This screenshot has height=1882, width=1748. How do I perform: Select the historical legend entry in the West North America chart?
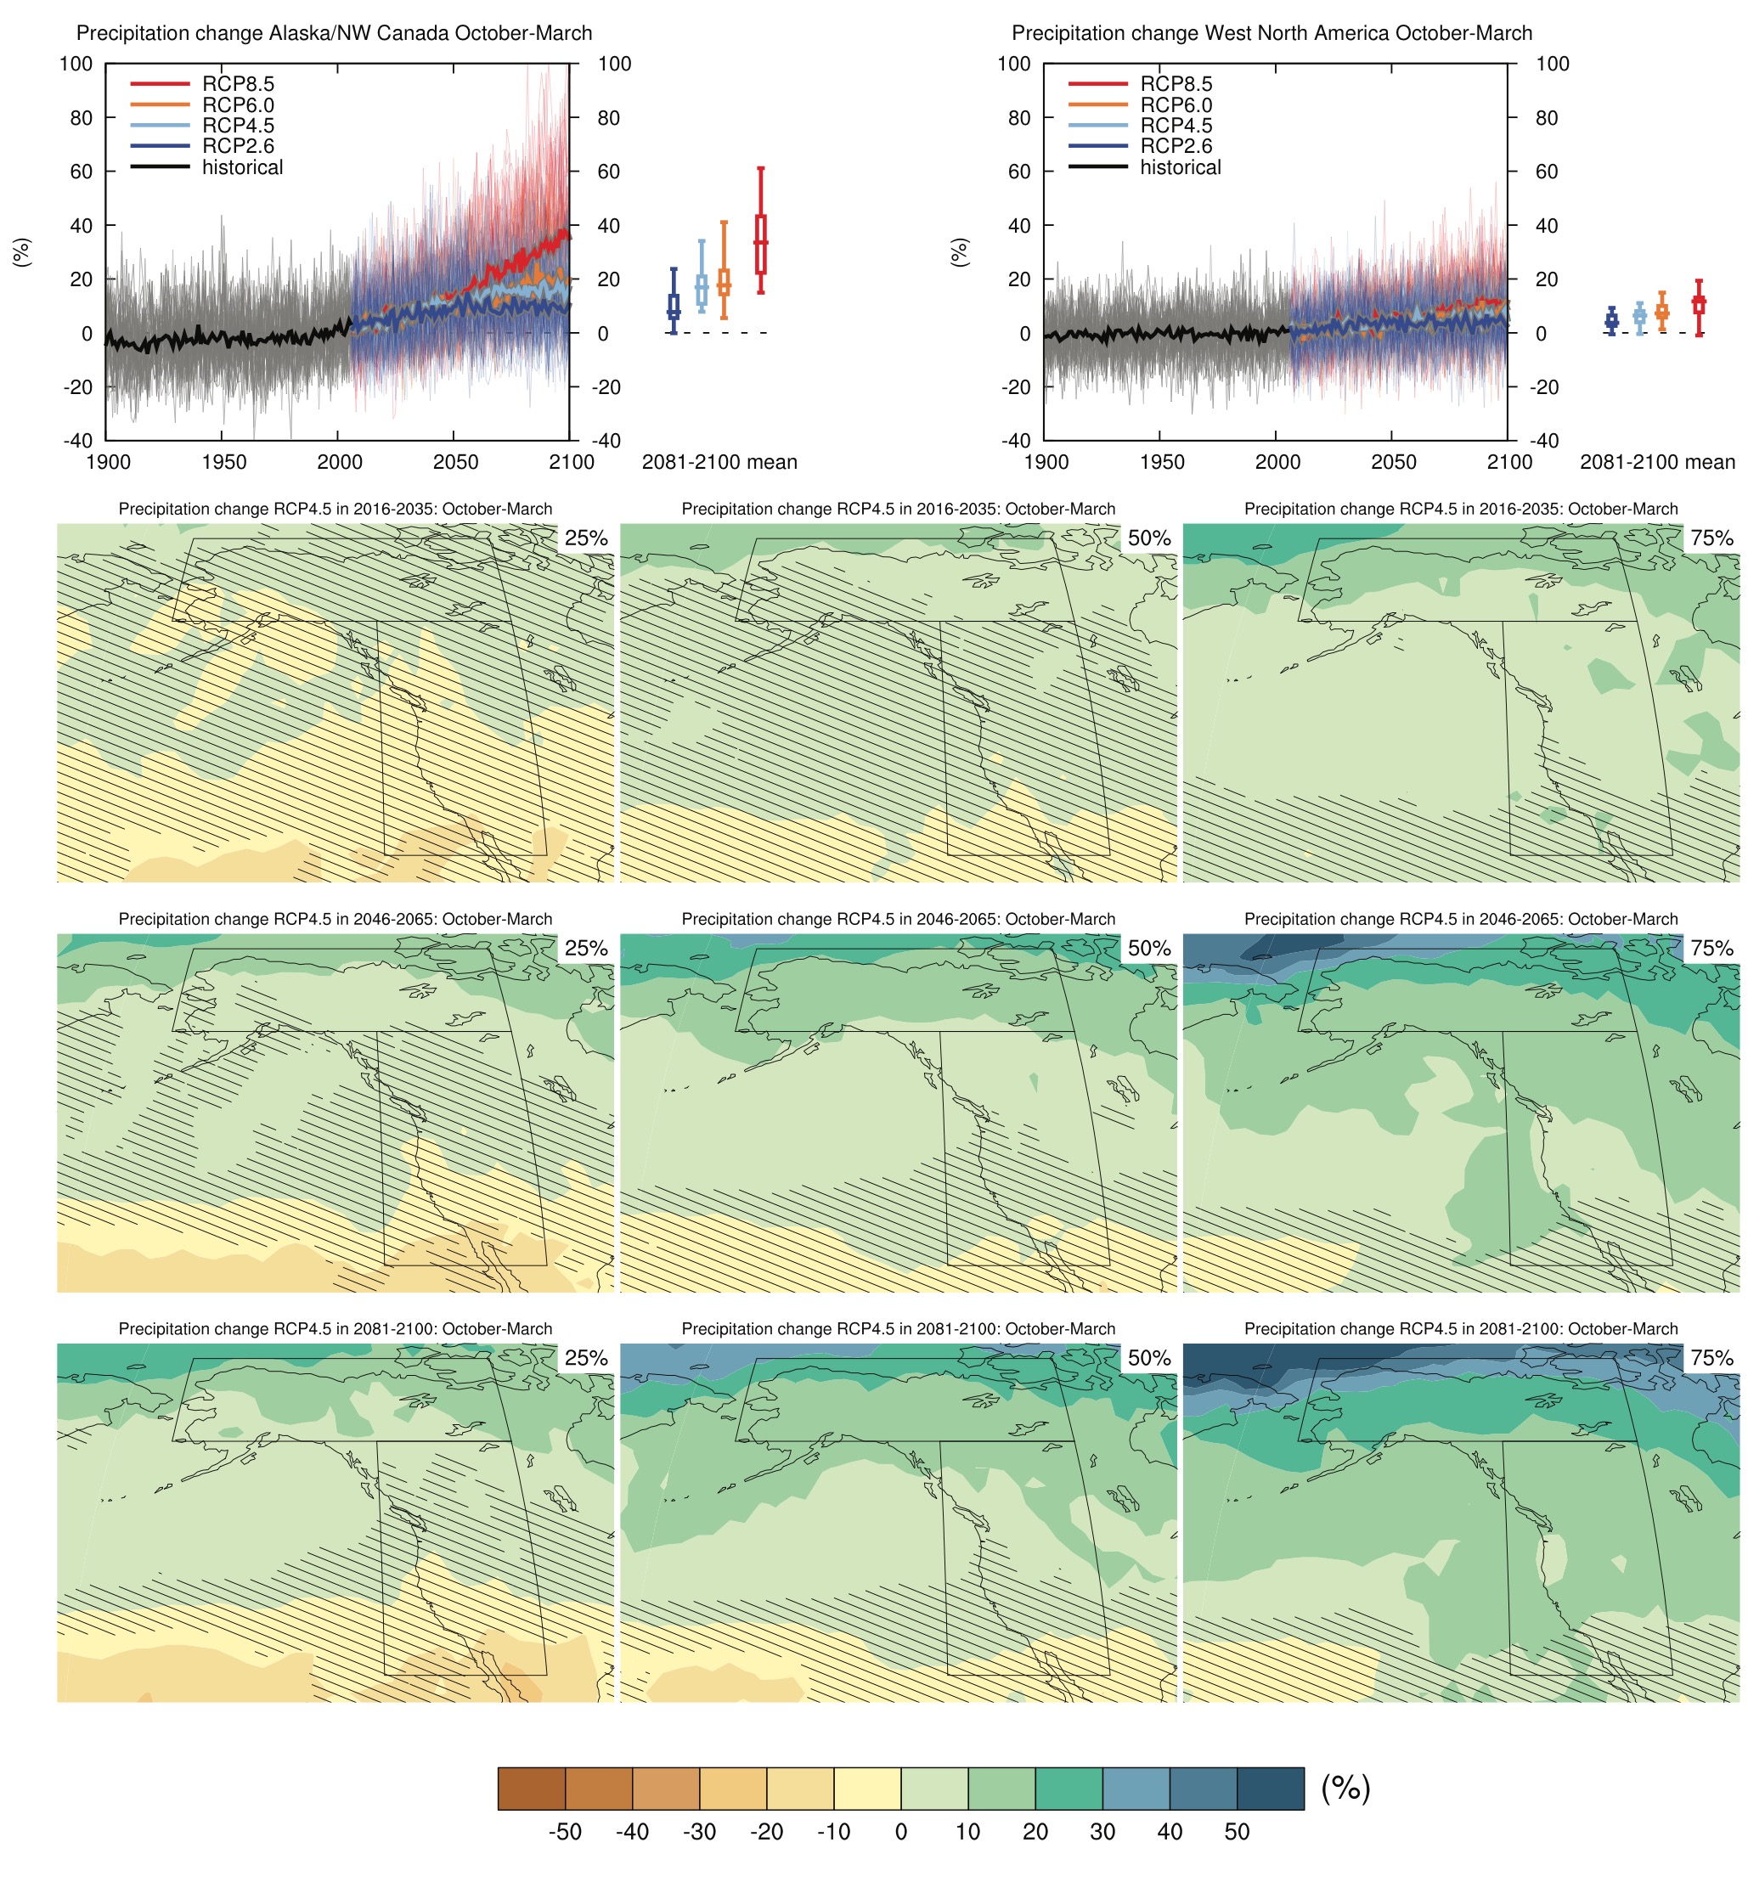tap(1180, 167)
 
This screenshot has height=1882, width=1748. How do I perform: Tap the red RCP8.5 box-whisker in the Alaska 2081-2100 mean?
tap(760, 244)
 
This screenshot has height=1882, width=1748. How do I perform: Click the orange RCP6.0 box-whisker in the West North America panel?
tap(1661, 311)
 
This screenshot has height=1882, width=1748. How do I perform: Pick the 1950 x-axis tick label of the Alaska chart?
tap(223, 463)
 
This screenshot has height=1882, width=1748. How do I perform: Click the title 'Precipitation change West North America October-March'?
tap(1272, 33)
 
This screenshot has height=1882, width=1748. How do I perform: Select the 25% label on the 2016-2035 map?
tap(585, 538)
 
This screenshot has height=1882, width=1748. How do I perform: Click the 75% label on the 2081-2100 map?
tap(1711, 1358)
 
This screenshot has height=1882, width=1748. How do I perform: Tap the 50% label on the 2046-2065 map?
tap(1148, 949)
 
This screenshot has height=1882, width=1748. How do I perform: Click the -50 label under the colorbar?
tap(565, 1832)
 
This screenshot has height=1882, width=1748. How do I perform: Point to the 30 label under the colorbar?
tap(1102, 1832)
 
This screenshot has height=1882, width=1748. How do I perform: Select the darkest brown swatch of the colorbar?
tap(532, 1789)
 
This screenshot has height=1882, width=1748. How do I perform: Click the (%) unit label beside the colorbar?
tap(1345, 1788)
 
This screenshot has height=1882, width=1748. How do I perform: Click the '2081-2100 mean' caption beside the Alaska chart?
tap(719, 463)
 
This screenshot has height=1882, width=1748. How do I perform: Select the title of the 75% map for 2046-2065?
tap(1460, 919)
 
